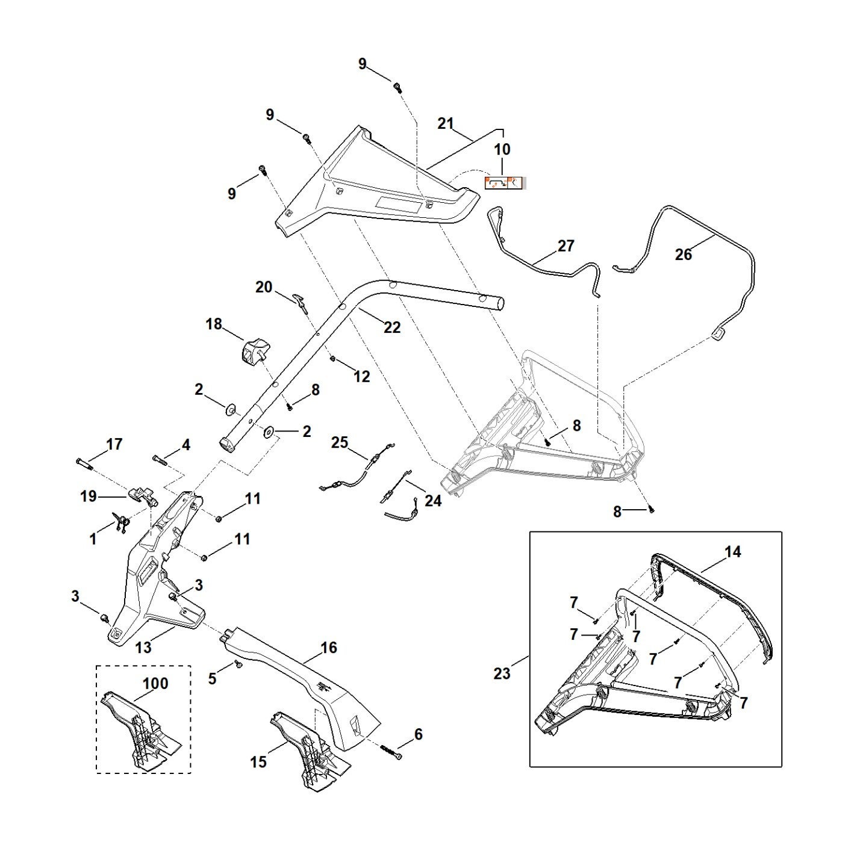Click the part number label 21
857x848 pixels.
[x=445, y=123]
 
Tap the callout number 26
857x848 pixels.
[x=683, y=254]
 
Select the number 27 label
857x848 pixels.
[x=566, y=246]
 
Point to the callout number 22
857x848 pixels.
[x=392, y=327]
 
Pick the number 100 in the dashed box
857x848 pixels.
[x=155, y=682]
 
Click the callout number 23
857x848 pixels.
[x=502, y=674]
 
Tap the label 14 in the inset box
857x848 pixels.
[x=733, y=551]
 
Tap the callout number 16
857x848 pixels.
[x=329, y=648]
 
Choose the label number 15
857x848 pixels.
[x=258, y=762]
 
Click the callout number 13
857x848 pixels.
[x=143, y=648]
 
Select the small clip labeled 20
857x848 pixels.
[x=301, y=302]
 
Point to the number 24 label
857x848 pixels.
[x=433, y=501]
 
